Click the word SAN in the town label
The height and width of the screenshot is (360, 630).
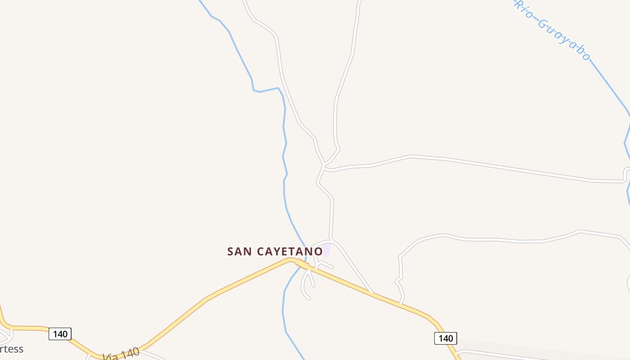239,251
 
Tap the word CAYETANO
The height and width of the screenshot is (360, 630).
290,251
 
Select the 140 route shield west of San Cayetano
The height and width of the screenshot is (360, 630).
60,334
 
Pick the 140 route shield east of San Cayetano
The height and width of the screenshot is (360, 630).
445,338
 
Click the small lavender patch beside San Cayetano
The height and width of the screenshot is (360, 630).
327,249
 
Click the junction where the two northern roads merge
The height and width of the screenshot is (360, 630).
324,165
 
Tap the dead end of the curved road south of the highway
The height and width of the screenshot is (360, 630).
309,298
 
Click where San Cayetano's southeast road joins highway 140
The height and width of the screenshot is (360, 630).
373,293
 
